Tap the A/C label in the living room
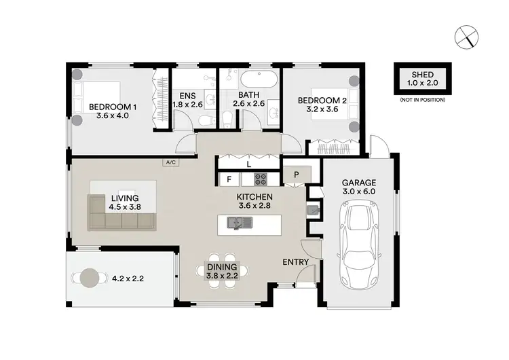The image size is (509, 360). click(170, 162)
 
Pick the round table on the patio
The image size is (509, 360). click(89, 277)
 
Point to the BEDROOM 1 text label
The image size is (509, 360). click(113, 111)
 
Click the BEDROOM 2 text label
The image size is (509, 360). click(322, 106)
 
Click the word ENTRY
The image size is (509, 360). click(296, 262)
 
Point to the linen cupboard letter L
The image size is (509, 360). click(249, 164)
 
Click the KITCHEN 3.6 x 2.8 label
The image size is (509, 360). click(253, 202)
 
